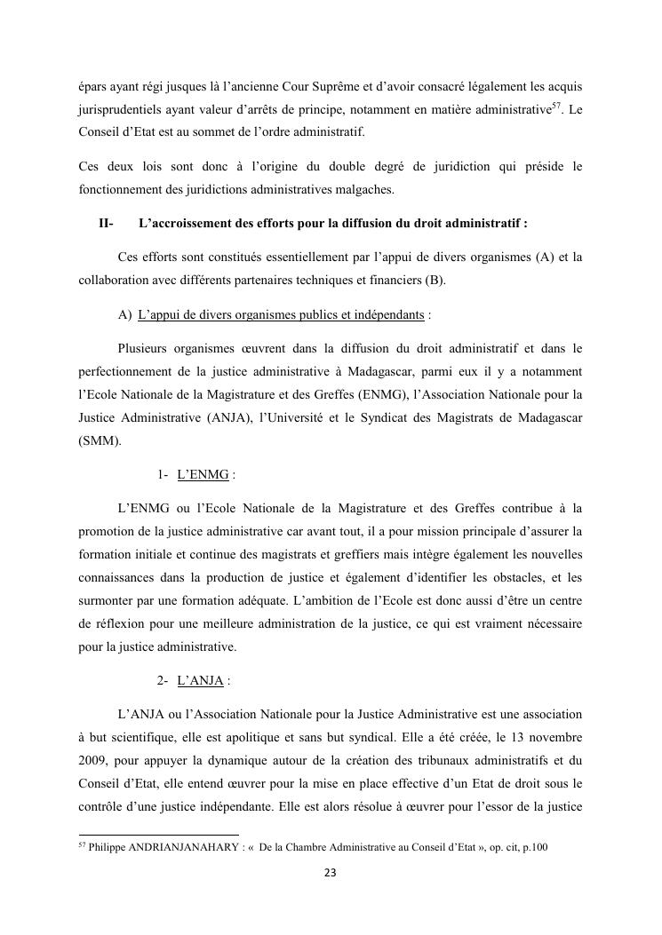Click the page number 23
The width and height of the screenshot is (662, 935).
click(331, 874)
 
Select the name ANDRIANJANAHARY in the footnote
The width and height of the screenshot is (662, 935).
click(183, 848)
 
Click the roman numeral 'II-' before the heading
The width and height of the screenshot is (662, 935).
click(106, 224)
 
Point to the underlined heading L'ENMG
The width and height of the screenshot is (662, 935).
click(203, 475)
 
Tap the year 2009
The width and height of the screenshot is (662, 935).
click(94, 761)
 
